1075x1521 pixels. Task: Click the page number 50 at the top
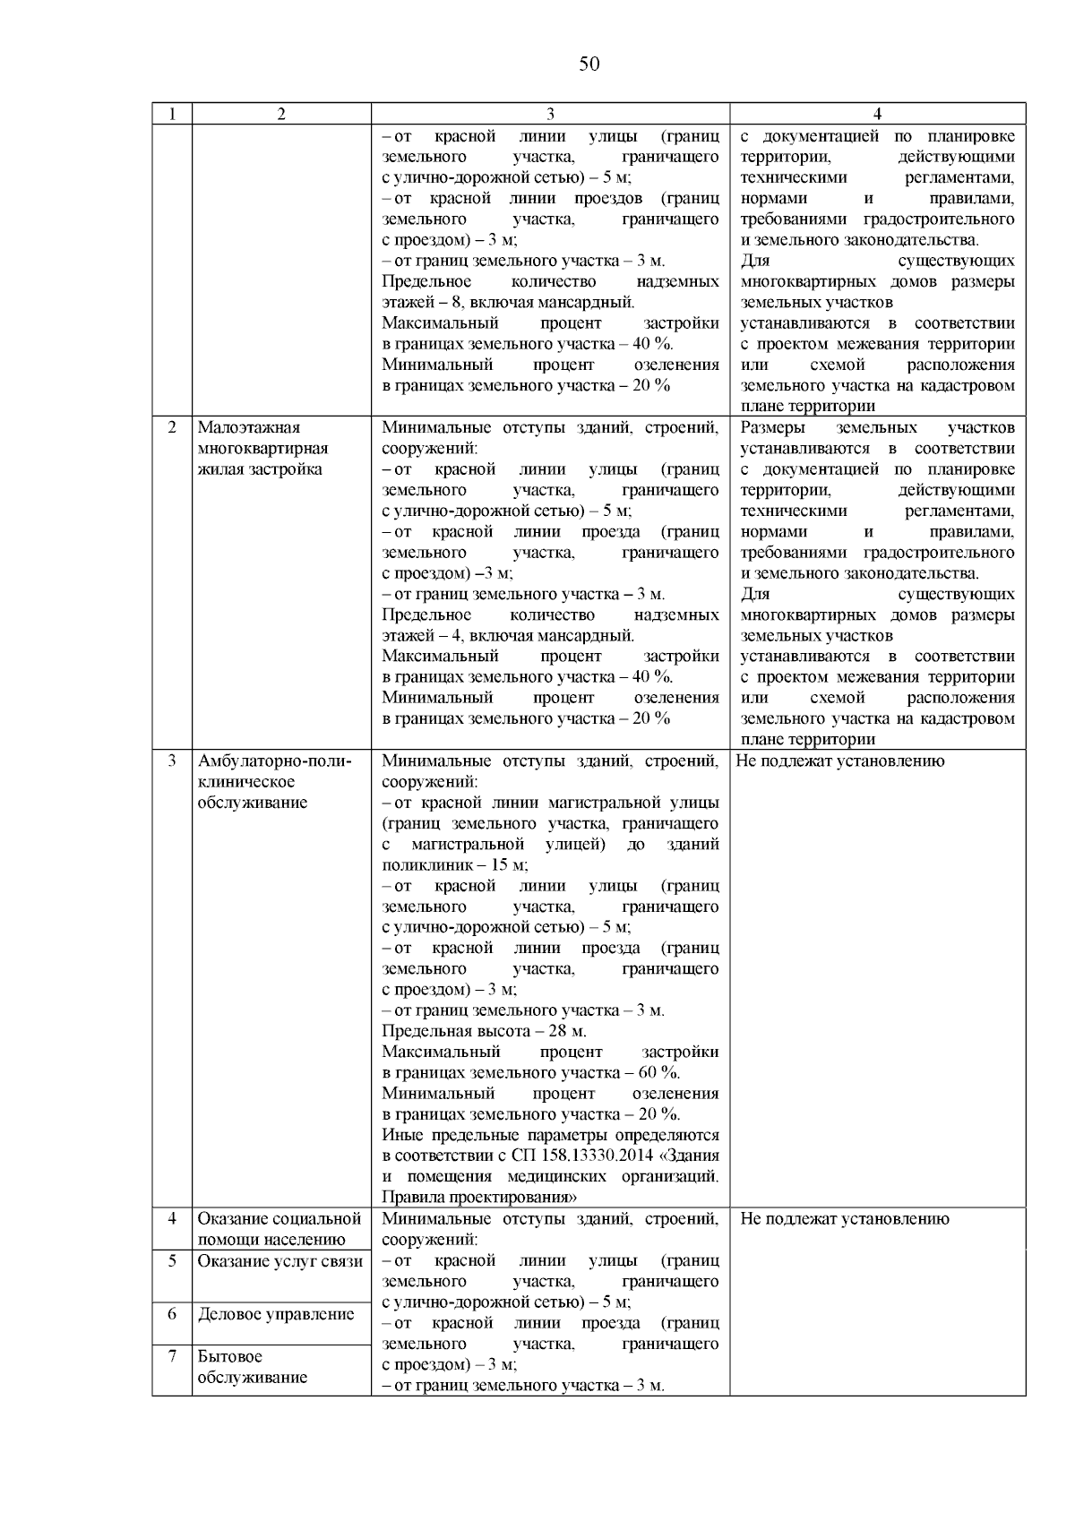tap(589, 64)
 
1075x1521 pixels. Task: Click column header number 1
tap(171, 114)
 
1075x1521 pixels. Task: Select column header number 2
tap(281, 114)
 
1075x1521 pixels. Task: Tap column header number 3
tap(550, 114)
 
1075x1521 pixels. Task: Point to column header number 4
tap(877, 114)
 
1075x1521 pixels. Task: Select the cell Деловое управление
tap(276, 1314)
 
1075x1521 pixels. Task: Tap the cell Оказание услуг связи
tap(280, 1261)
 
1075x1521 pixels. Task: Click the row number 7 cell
tap(172, 1356)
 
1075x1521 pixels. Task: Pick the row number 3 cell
tap(172, 761)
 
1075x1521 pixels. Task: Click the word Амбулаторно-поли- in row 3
tap(275, 761)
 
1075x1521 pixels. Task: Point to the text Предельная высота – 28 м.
tap(485, 1031)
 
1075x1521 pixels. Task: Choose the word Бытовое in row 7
tap(230, 1356)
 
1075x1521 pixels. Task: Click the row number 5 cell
tap(172, 1261)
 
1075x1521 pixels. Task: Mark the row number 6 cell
tap(172, 1314)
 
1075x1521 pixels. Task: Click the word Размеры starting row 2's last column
tap(773, 427)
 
